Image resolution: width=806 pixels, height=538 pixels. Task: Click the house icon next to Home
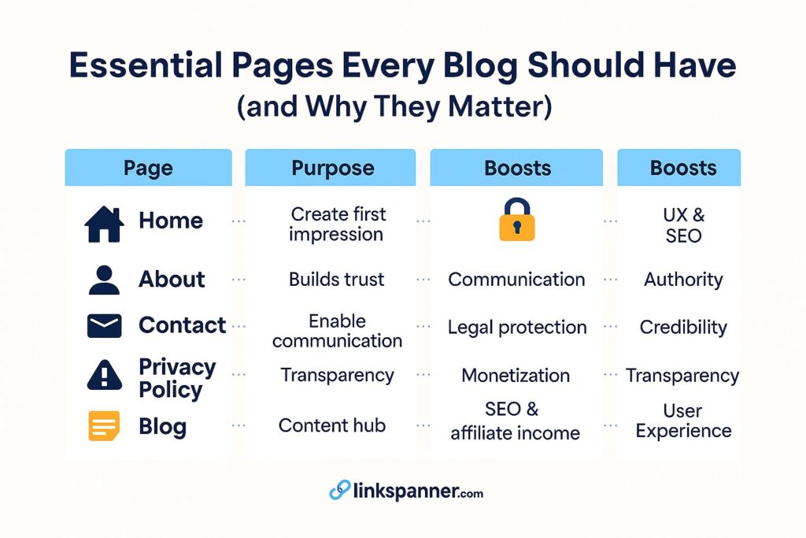[104, 222]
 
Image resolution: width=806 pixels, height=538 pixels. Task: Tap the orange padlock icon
[516, 221]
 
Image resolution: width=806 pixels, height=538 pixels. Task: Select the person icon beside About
[104, 280]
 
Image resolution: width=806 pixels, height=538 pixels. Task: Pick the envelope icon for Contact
[104, 325]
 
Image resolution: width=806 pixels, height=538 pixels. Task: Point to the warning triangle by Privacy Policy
[104, 376]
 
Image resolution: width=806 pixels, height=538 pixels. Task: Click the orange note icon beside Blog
[104, 426]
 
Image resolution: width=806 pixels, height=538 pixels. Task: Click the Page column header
[148, 168]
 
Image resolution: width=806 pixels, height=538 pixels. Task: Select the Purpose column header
[330, 168]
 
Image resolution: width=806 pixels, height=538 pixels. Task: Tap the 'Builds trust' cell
[336, 279]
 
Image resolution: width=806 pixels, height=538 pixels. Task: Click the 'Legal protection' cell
[517, 327]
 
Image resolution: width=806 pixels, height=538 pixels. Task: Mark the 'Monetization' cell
[516, 376]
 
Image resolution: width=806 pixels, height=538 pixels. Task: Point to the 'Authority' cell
[682, 279]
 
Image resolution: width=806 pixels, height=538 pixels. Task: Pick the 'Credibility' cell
[682, 327]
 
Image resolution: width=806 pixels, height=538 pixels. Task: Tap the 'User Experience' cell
[683, 421]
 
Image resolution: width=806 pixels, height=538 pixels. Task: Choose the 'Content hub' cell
[331, 425]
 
